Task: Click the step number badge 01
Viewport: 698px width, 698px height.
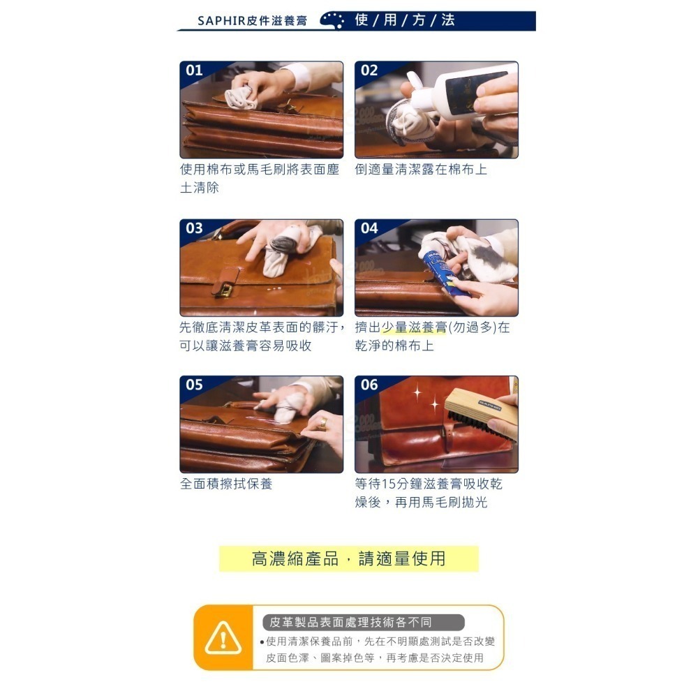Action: coord(194,70)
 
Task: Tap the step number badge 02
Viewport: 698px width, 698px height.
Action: coord(369,70)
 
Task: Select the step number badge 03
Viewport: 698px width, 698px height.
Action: coord(194,228)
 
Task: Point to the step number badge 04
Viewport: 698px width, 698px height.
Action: coord(369,228)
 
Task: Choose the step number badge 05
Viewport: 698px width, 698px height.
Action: coord(194,385)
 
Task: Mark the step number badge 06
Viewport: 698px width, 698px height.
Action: coord(369,385)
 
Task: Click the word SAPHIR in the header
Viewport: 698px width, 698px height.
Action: coord(218,21)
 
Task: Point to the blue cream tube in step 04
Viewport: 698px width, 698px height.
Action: coord(438,267)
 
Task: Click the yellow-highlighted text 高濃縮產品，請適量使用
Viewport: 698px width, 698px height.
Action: coord(348,558)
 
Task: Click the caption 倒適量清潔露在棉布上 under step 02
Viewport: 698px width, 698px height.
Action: coord(421,170)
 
